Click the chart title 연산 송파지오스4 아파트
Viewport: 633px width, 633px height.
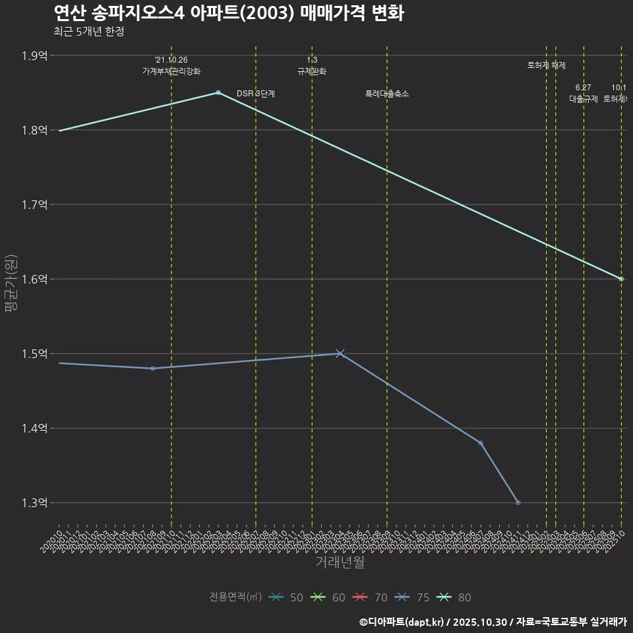(x=228, y=13)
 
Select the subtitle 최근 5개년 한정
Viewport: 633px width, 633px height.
(x=88, y=31)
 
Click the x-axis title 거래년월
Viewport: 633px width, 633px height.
(x=340, y=562)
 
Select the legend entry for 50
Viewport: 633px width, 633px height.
(x=287, y=597)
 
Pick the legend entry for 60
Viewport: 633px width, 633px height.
(x=329, y=597)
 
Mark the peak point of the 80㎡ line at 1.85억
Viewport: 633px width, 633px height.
(x=218, y=92)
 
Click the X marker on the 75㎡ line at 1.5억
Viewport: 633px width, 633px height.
(x=340, y=353)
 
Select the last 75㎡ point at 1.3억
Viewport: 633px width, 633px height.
(x=518, y=502)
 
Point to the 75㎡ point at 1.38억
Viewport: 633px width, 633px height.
(x=481, y=443)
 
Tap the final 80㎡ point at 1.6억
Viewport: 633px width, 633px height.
(x=621, y=279)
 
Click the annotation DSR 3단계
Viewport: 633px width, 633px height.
(x=255, y=94)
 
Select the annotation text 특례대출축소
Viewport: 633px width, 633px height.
(x=387, y=94)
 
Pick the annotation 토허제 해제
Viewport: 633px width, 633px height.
(x=547, y=65)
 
